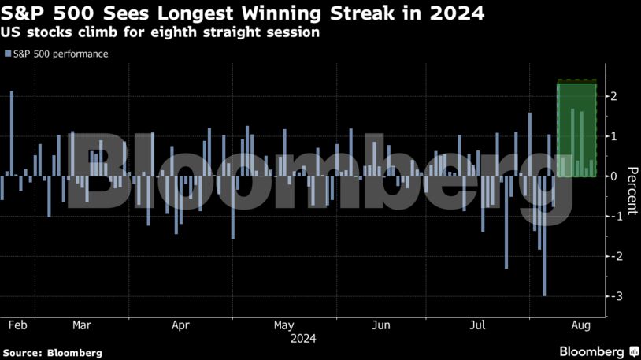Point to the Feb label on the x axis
pyautogui.click(x=18, y=325)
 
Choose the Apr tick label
pyautogui.click(x=180, y=325)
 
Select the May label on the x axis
pyautogui.click(x=283, y=325)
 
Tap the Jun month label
pyautogui.click(x=381, y=325)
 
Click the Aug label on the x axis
pyautogui.click(x=579, y=325)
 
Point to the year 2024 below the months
pyautogui.click(x=303, y=339)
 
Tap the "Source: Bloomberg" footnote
pyautogui.click(x=53, y=353)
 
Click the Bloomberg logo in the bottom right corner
pyautogui.click(x=598, y=351)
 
